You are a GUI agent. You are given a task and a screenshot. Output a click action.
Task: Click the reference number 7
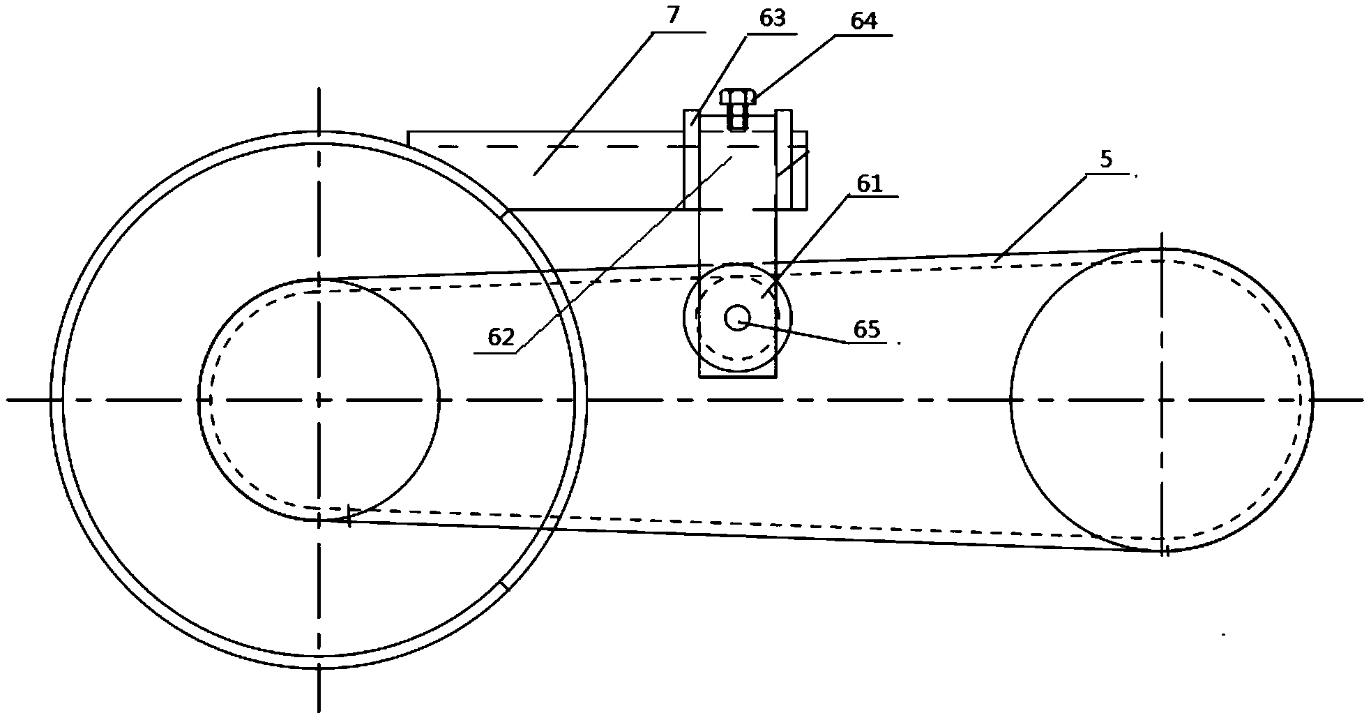click(673, 15)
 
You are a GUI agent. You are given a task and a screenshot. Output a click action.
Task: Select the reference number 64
click(863, 21)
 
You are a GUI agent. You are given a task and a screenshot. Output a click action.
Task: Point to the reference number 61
click(870, 184)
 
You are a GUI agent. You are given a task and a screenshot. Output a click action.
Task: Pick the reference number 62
click(501, 338)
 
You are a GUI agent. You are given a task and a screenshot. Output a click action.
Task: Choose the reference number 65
click(867, 330)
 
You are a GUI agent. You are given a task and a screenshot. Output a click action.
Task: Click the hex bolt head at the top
click(738, 96)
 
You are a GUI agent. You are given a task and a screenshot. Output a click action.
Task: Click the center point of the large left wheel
click(319, 400)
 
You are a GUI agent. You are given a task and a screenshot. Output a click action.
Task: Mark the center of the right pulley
click(1162, 400)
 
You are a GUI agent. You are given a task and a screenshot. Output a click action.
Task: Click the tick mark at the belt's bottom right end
click(1165, 551)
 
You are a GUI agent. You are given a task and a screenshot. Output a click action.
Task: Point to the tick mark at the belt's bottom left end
click(348, 516)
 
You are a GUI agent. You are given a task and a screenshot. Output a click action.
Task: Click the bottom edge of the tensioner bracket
click(737, 377)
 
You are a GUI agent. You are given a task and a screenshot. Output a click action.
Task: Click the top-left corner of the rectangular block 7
click(409, 132)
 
